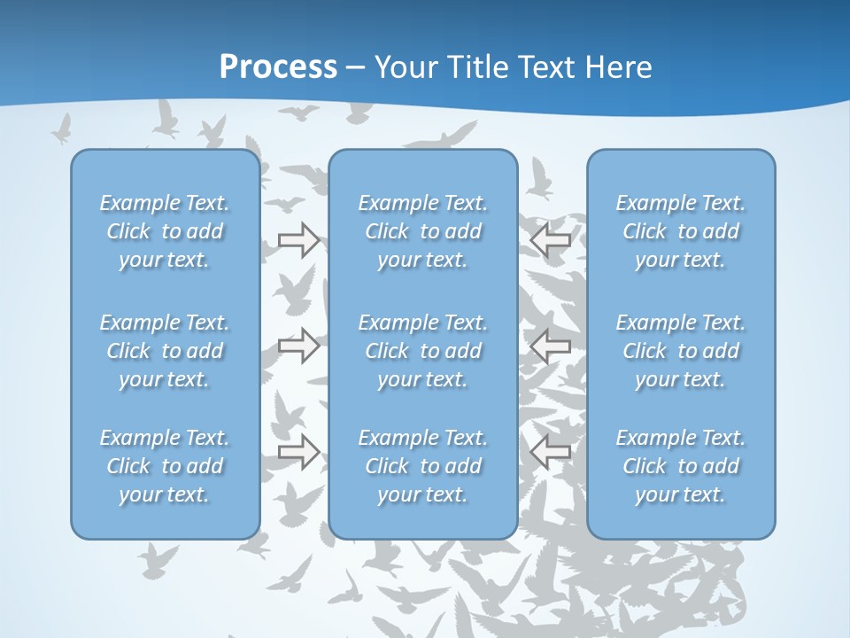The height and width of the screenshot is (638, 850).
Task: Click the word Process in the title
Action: pyautogui.click(x=278, y=67)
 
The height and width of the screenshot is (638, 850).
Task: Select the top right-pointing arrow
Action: pyautogui.click(x=298, y=240)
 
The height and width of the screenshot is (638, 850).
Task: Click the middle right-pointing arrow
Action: pyautogui.click(x=298, y=345)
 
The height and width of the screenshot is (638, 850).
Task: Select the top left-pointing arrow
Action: pyautogui.click(x=550, y=240)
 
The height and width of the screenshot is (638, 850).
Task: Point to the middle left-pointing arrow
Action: pyautogui.click(x=550, y=345)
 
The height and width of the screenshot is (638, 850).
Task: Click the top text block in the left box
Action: pyautogui.click(x=165, y=231)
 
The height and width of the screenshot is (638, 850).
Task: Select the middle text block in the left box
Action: pyautogui.click(x=165, y=351)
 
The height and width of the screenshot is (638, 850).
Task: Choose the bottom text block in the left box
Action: pyautogui.click(x=165, y=466)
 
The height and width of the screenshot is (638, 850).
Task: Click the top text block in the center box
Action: pyautogui.click(x=423, y=231)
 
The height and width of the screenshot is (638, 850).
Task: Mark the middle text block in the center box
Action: pyautogui.click(x=423, y=351)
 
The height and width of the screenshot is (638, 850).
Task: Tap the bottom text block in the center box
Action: pyautogui.click(x=423, y=466)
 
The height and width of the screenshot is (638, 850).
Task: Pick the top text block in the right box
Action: pyautogui.click(x=681, y=231)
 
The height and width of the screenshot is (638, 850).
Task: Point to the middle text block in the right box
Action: pyautogui.click(x=681, y=351)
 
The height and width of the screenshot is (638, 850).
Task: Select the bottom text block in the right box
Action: pyautogui.click(x=681, y=466)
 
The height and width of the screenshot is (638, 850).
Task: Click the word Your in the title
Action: pyautogui.click(x=404, y=67)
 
